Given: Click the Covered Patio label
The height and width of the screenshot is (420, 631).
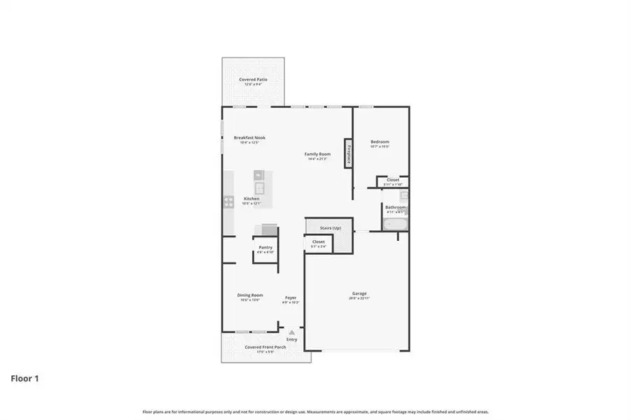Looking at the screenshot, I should click(253, 80).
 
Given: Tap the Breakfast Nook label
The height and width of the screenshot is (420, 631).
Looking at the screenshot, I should click(249, 138).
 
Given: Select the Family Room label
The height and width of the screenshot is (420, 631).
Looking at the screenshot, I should click(317, 154).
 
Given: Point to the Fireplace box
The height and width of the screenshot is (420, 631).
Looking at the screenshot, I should click(347, 153).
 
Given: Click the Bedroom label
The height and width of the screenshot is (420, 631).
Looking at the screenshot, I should click(380, 142).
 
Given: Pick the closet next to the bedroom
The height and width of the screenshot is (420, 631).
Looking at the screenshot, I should click(392, 181).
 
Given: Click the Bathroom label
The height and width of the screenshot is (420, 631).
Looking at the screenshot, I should click(395, 208).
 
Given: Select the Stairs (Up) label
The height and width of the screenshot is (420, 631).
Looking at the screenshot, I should click(330, 228).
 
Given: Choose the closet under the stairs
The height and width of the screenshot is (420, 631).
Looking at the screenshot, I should click(319, 243).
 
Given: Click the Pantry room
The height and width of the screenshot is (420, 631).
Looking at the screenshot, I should click(265, 248).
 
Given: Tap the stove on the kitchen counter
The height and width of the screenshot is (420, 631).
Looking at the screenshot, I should click(228, 202).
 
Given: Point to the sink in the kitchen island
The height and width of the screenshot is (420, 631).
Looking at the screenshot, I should click(259, 188).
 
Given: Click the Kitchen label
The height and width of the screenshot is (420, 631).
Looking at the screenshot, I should click(251, 199).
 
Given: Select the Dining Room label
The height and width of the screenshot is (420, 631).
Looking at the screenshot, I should click(250, 295).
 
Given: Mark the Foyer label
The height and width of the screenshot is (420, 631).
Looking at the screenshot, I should click(291, 298).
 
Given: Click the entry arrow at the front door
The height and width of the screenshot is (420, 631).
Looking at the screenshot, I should click(291, 332).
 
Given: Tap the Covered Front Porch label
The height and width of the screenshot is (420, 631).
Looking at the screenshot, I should click(264, 347).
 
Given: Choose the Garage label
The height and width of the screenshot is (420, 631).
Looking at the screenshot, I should click(359, 294).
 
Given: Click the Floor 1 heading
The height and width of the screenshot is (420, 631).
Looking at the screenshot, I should click(25, 379).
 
